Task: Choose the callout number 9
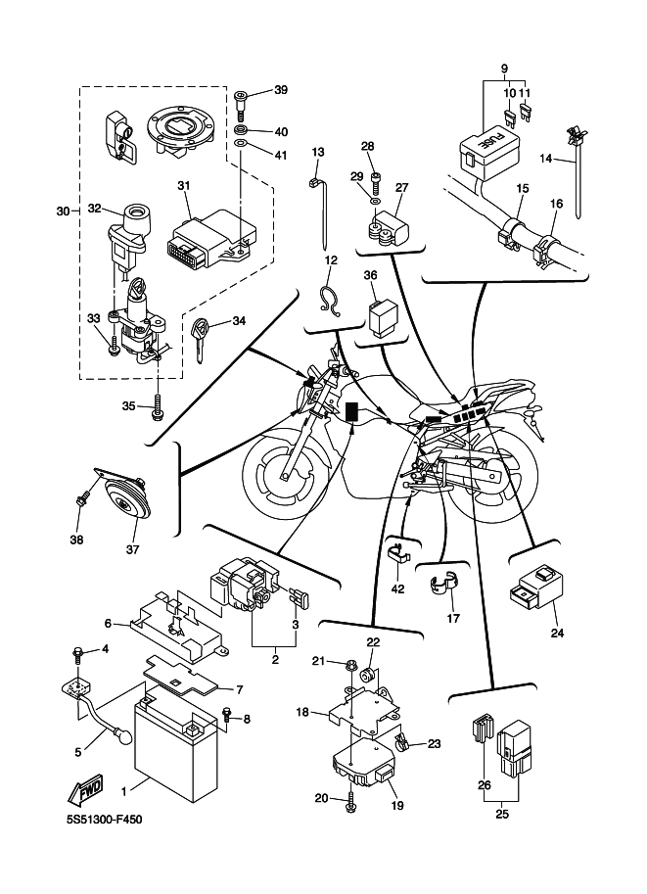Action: (x=505, y=68)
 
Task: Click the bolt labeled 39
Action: (x=241, y=99)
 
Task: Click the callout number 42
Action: (x=397, y=588)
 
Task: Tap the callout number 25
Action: (x=500, y=812)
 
